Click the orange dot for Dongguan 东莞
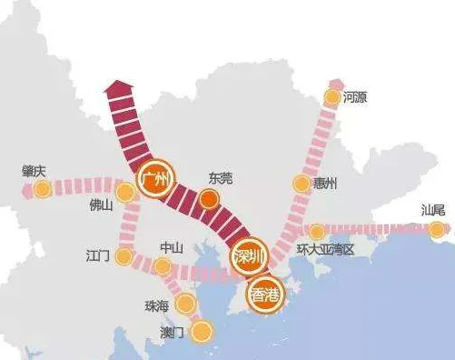(210, 200)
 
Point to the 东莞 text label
(221, 178)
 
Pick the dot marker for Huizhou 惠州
(302, 184)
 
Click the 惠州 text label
(324, 184)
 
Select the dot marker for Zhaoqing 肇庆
(42, 190)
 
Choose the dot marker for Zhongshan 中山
(162, 266)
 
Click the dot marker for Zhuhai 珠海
(186, 304)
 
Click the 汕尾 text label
(433, 210)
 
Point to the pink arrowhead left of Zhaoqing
(21, 191)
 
